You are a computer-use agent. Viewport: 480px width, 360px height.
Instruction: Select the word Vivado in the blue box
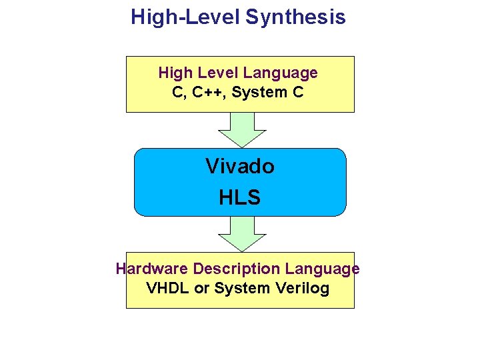click(240, 166)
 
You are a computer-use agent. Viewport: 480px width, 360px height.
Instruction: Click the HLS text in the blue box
click(240, 197)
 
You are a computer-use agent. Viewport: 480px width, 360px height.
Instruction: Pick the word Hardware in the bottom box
click(152, 269)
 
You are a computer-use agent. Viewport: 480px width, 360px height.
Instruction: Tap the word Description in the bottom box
click(237, 269)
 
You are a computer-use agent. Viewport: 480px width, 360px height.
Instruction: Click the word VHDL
click(167, 289)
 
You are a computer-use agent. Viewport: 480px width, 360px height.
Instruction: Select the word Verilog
click(303, 289)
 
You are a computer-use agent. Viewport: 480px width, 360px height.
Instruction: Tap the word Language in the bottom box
click(323, 269)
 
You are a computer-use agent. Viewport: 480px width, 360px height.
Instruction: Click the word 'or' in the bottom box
click(202, 289)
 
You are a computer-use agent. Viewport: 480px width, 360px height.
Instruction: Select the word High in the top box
click(175, 73)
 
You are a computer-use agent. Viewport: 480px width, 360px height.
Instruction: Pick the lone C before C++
click(178, 93)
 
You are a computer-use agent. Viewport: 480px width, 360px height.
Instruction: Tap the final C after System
click(298, 93)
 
